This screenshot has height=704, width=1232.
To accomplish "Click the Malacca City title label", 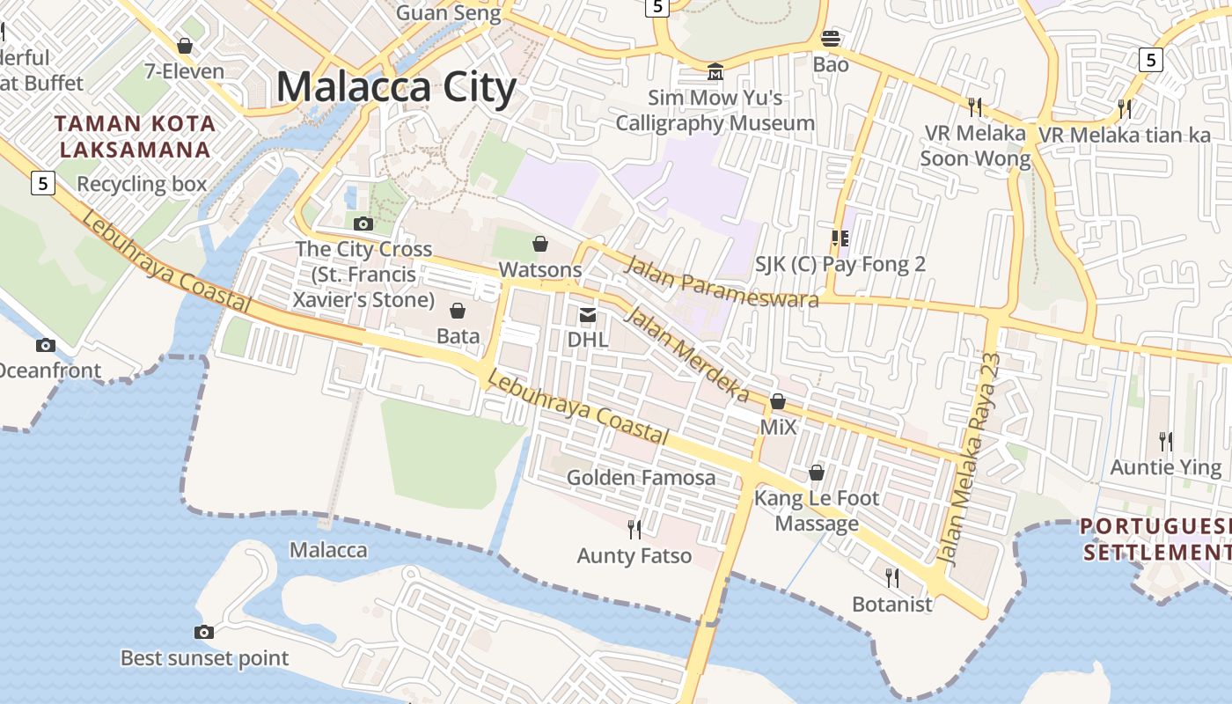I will [396, 87].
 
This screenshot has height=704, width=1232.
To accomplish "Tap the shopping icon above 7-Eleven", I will [185, 46].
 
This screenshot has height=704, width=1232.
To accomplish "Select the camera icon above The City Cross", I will [363, 224].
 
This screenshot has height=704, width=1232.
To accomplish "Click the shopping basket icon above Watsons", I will [540, 243].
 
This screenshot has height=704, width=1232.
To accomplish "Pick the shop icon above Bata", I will [458, 310].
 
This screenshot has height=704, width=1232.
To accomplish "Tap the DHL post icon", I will [587, 315].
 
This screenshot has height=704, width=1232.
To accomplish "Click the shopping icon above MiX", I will [778, 401].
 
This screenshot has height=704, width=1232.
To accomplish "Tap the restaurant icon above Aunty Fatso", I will [634, 529].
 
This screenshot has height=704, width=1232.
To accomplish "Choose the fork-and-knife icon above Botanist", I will [891, 577].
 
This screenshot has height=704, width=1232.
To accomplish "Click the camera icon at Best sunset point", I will [203, 632].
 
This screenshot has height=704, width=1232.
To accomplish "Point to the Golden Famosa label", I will [641, 478].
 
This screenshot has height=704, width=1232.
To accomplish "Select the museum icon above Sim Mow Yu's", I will [715, 71].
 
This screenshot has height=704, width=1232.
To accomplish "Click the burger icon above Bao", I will [831, 38].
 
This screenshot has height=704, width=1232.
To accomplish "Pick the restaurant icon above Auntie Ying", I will [1165, 440].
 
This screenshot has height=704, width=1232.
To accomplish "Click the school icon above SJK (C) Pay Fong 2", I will [840, 238].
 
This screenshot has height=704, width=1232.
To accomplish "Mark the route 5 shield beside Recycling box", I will [42, 183].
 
